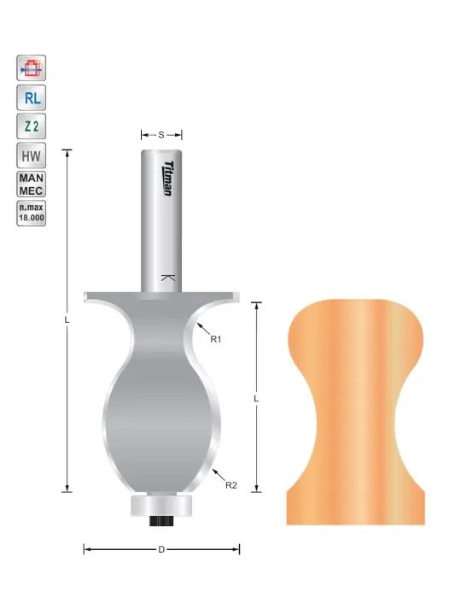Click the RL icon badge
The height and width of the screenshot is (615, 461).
32,97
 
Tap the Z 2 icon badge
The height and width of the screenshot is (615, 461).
32,126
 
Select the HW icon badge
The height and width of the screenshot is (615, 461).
32,155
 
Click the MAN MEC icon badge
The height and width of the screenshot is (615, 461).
32,184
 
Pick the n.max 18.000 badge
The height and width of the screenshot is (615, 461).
32,213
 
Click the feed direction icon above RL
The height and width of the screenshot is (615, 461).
32,68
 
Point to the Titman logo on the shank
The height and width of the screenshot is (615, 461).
168,179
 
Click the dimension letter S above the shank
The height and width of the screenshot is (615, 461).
161,135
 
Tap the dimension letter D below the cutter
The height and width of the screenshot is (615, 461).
161,549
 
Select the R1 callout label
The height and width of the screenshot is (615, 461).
216,339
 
